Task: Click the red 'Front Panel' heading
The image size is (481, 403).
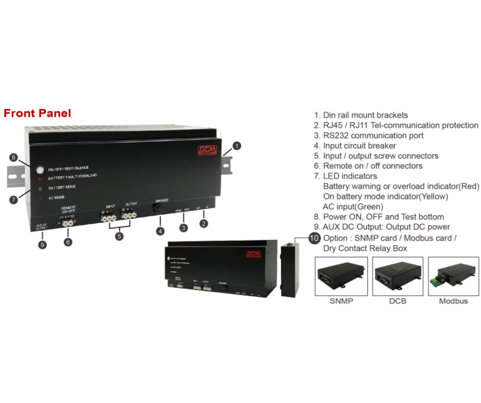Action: click(x=37, y=113)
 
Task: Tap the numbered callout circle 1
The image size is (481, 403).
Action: click(x=236, y=146)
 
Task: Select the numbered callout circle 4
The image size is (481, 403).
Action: click(x=160, y=231)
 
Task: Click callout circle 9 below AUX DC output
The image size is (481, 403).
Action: click(x=42, y=244)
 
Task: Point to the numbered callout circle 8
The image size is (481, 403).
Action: click(x=14, y=158)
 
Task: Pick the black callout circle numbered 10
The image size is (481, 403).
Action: click(x=314, y=238)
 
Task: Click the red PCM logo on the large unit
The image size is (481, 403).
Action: click(x=207, y=150)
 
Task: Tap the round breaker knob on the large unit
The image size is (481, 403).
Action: click(x=160, y=209)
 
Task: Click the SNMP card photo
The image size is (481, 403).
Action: click(x=341, y=276)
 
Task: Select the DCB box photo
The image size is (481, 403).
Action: click(x=398, y=276)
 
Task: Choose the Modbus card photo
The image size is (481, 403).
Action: click(x=453, y=276)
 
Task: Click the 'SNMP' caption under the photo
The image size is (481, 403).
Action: click(x=341, y=301)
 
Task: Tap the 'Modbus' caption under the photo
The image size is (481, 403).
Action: click(x=453, y=301)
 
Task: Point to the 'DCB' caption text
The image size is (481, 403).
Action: click(x=398, y=301)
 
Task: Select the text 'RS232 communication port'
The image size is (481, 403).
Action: click(x=373, y=136)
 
